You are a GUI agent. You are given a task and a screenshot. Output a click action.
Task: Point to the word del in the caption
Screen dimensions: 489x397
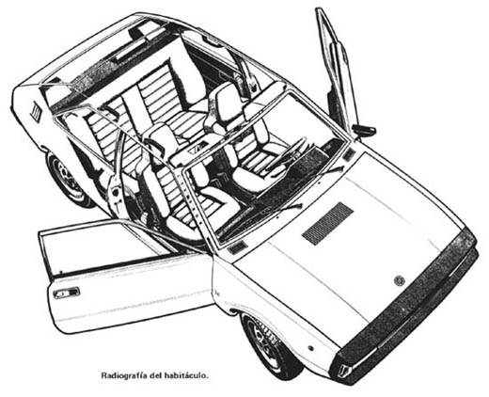click(x=156, y=375)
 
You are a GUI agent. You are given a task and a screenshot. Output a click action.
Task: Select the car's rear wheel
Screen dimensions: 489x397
click(x=69, y=182)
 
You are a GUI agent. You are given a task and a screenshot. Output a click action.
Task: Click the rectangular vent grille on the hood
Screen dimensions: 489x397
click(x=328, y=223)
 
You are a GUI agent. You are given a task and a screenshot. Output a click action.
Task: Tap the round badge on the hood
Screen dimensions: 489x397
click(x=399, y=280)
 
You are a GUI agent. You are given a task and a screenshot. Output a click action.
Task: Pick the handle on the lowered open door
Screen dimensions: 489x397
click(x=66, y=293)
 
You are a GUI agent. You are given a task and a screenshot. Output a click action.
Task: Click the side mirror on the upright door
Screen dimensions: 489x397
click(x=364, y=129)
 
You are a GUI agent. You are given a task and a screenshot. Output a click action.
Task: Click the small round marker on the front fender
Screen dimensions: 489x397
click(x=311, y=348)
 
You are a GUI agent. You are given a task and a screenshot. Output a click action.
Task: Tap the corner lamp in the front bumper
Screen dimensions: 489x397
click(x=345, y=370)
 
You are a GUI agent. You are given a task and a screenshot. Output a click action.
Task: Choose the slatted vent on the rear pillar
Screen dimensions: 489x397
click(x=35, y=111)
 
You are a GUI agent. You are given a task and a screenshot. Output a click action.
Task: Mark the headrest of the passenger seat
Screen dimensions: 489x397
click(x=161, y=138)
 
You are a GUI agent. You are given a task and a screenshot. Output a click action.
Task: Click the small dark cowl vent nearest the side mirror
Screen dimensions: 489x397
click(x=349, y=154)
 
